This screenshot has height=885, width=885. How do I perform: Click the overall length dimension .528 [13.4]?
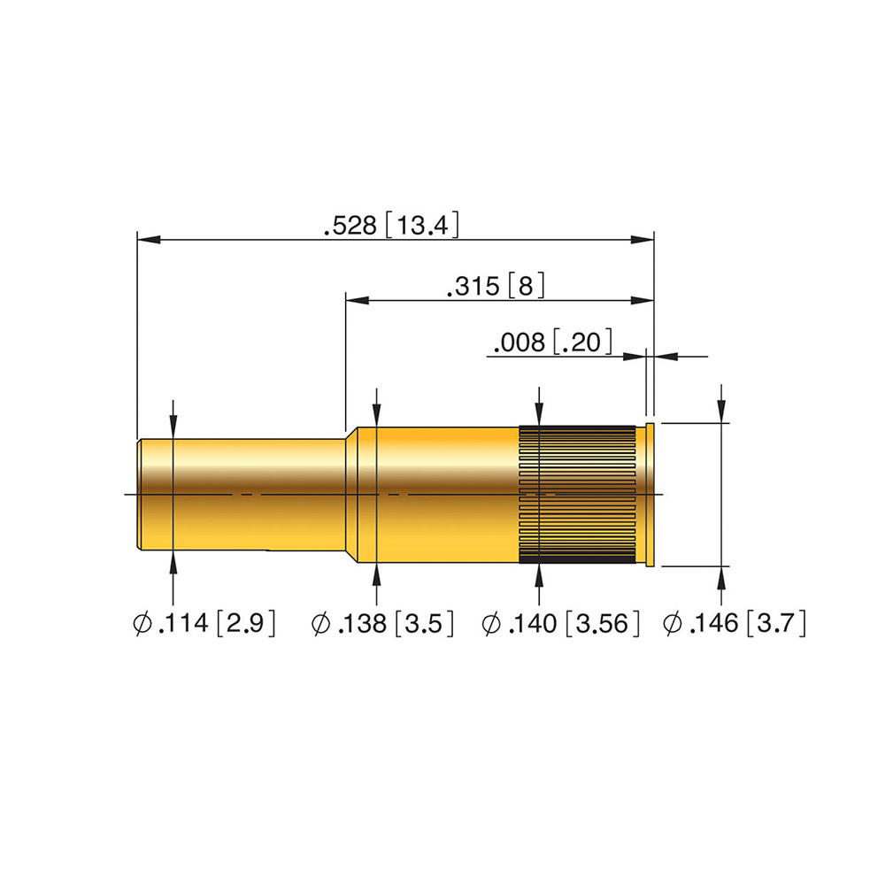tap(391, 225)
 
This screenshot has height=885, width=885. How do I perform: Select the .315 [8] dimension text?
tap(496, 286)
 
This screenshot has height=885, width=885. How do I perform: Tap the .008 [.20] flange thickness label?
tap(552, 342)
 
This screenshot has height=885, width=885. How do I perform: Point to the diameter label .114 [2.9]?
tap(204, 623)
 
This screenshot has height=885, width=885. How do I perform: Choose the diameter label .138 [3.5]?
tap(382, 623)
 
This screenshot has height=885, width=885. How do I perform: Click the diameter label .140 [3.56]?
tap(560, 623)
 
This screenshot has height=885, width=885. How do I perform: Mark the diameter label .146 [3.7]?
tap(734, 623)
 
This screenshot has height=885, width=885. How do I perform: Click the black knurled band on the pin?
tap(577, 495)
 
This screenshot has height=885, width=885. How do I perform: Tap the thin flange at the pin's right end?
tap(650, 495)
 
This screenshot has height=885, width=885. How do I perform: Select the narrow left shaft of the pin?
tap(242, 495)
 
